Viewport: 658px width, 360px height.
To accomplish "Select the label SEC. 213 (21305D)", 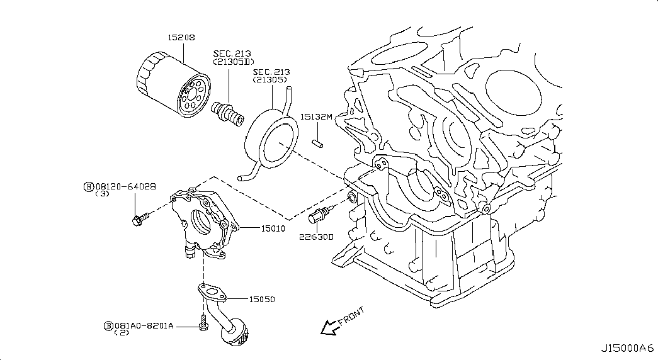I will coord(233,58).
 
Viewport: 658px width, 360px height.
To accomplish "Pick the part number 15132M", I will coord(315,117).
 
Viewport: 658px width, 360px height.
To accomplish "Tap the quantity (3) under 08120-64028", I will coord(103,194).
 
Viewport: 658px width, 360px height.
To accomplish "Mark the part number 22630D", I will coord(316,237).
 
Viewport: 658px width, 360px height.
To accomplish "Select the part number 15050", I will coord(262,300).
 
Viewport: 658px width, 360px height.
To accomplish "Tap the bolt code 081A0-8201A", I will coord(144,325).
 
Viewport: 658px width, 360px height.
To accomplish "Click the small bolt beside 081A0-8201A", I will coord(203,323).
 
